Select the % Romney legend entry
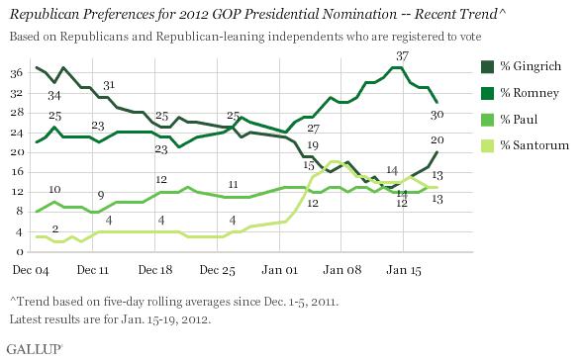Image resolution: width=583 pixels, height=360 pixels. (520, 93)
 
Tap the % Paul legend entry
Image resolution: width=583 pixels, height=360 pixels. (509, 120)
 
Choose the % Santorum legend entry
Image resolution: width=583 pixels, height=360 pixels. (525, 145)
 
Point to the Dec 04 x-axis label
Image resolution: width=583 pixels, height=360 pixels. (31, 270)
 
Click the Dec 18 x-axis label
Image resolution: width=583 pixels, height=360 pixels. (155, 270)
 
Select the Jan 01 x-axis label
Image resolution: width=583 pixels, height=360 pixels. (279, 270)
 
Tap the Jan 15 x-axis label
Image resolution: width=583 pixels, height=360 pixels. (404, 270)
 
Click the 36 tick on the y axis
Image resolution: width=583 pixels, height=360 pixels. (17, 72)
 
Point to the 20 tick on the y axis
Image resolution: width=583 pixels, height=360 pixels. (17, 152)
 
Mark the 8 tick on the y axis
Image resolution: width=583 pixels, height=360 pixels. (20, 212)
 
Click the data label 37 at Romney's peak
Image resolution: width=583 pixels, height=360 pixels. (402, 56)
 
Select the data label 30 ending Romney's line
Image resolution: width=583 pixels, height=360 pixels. (437, 115)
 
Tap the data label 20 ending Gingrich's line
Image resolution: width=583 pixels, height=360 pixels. (437, 140)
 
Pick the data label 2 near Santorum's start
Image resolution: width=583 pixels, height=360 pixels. (55, 228)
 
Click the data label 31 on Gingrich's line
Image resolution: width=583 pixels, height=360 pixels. (109, 85)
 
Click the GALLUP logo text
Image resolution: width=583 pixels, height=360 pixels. (35, 349)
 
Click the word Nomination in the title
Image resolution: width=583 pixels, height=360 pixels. (359, 14)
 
